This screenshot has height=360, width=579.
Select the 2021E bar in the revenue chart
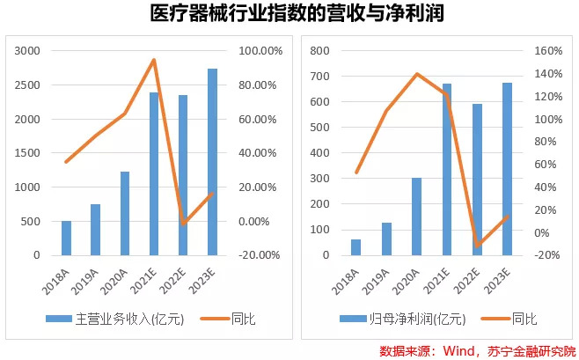pyautogui.click(x=154, y=173)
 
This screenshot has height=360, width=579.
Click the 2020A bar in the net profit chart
pyautogui.click(x=417, y=217)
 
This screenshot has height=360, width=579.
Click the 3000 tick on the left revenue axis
pyautogui.click(x=28, y=51)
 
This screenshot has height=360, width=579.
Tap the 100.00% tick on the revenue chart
pyautogui.click(x=259, y=51)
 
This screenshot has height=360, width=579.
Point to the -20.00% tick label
pyautogui.click(x=259, y=255)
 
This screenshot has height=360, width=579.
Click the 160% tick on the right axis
pyautogui.click(x=549, y=51)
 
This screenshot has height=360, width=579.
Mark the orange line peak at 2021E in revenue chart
pyautogui.click(x=154, y=60)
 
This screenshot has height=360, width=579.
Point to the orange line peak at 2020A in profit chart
pyautogui.click(x=417, y=74)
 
